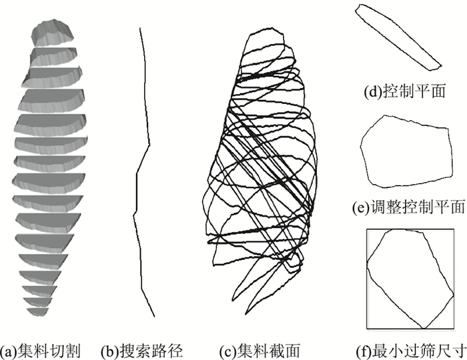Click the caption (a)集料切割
(x=41, y=349)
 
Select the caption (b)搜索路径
(x=141, y=349)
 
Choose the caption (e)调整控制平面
(x=408, y=208)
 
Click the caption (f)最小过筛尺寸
(x=410, y=349)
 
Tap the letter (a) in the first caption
(x=9, y=349)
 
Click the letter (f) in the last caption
(x=364, y=349)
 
